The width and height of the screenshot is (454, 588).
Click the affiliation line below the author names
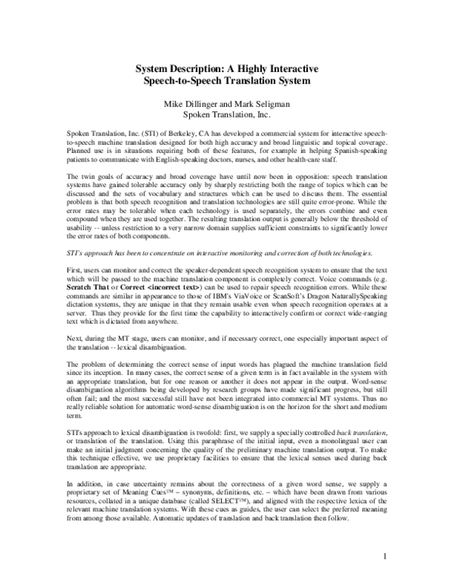tap(228, 114)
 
